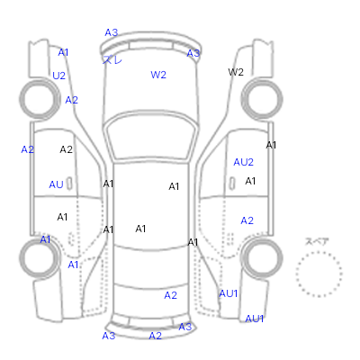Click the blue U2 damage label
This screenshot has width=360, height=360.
coord(58,76)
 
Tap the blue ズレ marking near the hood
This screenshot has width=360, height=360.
coord(112,59)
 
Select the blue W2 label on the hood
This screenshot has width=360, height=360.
coord(158,75)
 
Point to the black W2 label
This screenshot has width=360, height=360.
coord(236,72)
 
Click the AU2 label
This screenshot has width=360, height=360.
coord(244,162)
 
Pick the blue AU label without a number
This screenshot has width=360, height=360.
coord(56,184)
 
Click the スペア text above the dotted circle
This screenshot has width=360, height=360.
coord(317,241)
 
